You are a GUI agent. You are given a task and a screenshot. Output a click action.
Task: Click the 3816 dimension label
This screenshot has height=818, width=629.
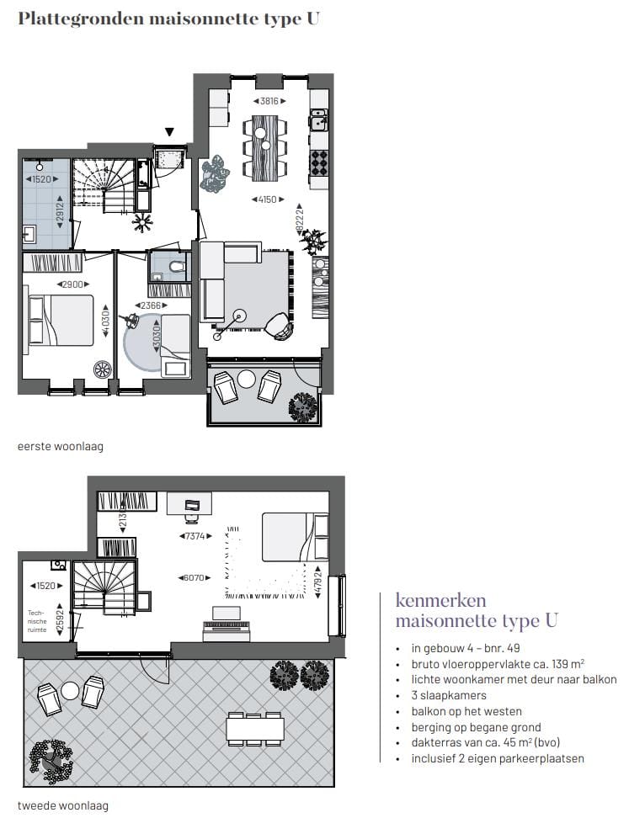point(264,100)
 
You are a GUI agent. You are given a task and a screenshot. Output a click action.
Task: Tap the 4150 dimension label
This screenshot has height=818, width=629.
point(264,199)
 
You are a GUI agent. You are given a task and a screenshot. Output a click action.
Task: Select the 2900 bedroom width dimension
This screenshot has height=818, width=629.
point(72,285)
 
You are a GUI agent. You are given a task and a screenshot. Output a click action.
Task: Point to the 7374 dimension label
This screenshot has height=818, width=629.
point(194,536)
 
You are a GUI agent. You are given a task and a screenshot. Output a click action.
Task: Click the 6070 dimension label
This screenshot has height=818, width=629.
point(194,578)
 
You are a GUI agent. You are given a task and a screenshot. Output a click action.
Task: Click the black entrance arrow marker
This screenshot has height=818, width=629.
point(169,131)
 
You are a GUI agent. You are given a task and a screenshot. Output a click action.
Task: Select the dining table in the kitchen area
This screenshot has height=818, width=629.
point(264,147)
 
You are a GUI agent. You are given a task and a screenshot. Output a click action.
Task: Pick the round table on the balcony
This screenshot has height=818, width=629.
point(246,379)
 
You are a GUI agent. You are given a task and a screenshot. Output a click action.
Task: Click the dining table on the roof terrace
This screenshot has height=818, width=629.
point(254,728)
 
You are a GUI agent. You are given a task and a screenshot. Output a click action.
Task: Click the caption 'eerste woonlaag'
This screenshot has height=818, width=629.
point(61,446)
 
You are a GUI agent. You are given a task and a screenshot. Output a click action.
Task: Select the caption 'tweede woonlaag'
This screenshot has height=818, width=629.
point(63,805)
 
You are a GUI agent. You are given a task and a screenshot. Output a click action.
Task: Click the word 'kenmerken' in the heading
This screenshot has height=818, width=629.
point(429,601)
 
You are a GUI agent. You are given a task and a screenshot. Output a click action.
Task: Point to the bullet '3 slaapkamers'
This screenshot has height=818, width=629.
point(449,695)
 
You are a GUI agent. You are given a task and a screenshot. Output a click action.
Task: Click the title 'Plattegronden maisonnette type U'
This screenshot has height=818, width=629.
point(168,18)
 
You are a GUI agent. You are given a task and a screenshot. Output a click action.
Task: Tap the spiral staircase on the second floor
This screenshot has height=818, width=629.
point(101,587)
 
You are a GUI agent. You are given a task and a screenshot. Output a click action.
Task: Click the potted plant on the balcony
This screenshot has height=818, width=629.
point(303,407)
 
